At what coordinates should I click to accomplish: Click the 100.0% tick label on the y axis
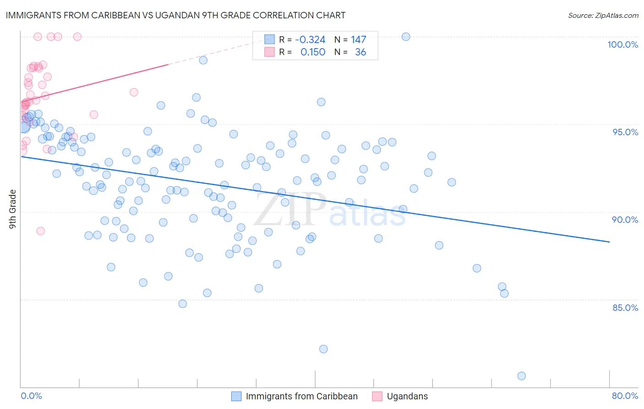[x=622, y=44]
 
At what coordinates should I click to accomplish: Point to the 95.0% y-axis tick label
[x=625, y=132]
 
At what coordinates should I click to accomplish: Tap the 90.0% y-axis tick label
[x=625, y=220]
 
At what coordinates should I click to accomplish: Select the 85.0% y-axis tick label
[x=625, y=308]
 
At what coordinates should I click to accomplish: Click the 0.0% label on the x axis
[x=31, y=396]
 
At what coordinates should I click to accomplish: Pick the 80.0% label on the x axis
[x=625, y=396]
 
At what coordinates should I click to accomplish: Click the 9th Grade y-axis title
[x=12, y=209]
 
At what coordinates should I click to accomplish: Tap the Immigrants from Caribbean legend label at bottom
[x=301, y=396]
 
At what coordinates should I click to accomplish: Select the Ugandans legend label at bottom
[x=407, y=396]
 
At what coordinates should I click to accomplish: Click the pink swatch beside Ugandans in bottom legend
[x=377, y=396]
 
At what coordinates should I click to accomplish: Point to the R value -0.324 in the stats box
[x=310, y=40]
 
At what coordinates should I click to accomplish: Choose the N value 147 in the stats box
[x=359, y=40]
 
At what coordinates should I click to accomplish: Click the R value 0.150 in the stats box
[x=313, y=52]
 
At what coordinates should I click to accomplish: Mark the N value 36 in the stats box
[x=360, y=52]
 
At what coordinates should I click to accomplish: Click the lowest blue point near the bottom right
[x=521, y=376]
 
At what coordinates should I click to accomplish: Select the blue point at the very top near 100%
[x=406, y=37]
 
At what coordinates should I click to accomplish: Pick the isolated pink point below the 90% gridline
[x=40, y=231]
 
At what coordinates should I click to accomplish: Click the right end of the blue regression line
[x=609, y=242]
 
